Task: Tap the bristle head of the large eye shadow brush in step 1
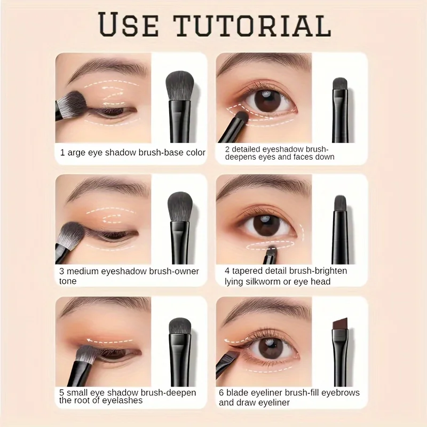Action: coord(180,85)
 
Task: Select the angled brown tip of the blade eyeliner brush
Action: coord(340,324)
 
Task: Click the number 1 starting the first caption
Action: coord(62,153)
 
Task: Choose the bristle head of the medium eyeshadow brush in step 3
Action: coord(179,205)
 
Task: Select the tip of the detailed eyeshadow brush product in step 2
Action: coord(339,84)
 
